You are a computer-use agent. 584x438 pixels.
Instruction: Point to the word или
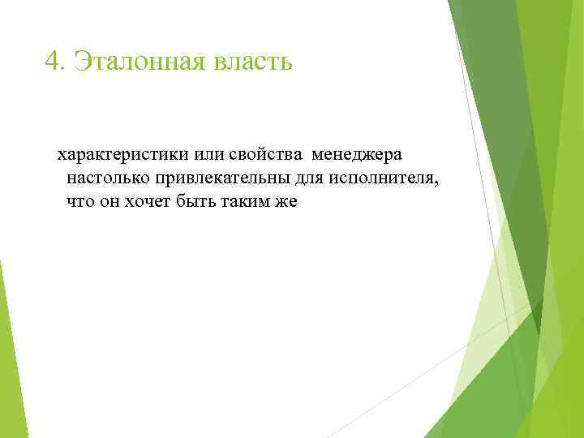(x=208, y=154)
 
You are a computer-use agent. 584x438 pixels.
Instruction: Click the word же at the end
(x=286, y=201)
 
